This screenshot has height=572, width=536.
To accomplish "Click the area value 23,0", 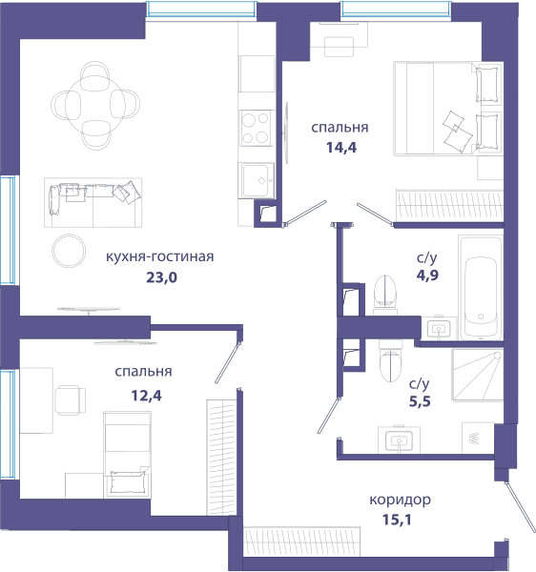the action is (x=161, y=278).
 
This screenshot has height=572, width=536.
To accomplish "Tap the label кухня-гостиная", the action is (x=160, y=256).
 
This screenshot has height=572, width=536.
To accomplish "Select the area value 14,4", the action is (x=341, y=148).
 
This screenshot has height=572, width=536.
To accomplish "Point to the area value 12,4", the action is (x=146, y=396).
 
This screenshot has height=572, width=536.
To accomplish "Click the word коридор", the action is (x=400, y=500).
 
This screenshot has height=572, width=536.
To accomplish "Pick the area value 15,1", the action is (x=397, y=520).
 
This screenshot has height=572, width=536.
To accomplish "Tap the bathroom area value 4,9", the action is (x=427, y=276).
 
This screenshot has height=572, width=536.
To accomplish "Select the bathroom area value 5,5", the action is (x=420, y=401).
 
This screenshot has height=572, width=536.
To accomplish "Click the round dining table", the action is (x=95, y=105).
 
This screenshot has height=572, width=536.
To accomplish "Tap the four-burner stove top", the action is (x=257, y=128).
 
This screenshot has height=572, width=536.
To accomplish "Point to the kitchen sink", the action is (x=256, y=180).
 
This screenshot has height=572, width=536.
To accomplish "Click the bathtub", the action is (x=481, y=288).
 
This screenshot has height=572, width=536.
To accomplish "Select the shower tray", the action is (x=477, y=376).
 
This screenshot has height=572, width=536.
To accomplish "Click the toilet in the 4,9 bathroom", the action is (x=385, y=295).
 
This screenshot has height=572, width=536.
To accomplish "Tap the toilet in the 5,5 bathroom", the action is (x=390, y=360).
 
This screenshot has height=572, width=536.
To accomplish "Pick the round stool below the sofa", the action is (x=69, y=251).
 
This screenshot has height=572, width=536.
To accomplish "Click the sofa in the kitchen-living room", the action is (x=93, y=202).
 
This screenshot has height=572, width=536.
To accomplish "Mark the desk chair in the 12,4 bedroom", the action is (x=71, y=400).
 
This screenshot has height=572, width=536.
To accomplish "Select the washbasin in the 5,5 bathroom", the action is (x=399, y=439).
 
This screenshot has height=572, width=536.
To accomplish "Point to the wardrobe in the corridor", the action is (x=301, y=541).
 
